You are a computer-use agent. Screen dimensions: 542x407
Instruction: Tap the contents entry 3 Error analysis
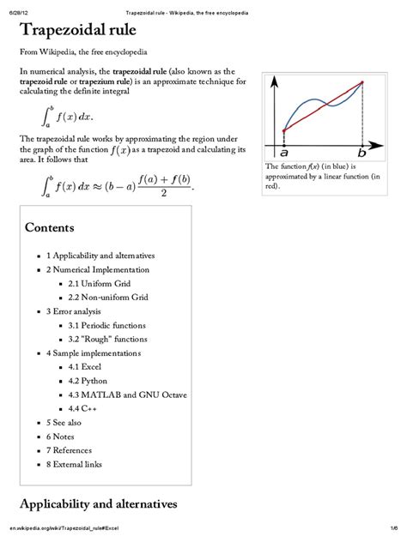coord(74,310)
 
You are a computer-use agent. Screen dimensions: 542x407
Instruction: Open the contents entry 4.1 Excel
coord(86,367)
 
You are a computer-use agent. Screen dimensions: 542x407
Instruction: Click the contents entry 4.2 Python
coord(88,381)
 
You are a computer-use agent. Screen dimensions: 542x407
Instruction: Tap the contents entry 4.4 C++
coord(83,408)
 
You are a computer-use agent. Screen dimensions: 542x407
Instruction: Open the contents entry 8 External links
coord(74,464)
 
